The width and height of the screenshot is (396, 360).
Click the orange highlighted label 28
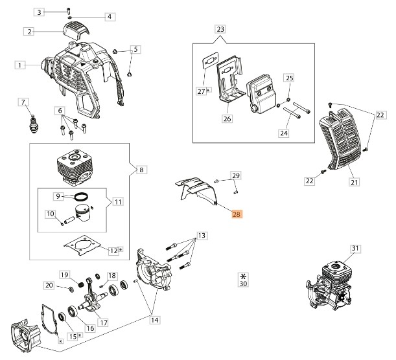tap(237, 214)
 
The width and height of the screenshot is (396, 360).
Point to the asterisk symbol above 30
tap(242, 275)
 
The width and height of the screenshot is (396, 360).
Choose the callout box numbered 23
tap(220, 30)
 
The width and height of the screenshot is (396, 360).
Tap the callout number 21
tap(354, 183)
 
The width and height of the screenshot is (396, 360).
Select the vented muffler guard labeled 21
tap(344, 141)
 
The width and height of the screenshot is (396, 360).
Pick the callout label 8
tap(142, 170)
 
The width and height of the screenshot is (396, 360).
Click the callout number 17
tap(102, 322)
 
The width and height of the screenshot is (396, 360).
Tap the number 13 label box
tap(202, 234)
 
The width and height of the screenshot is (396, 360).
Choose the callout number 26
tap(227, 118)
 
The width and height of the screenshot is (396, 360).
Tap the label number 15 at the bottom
tap(73, 336)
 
